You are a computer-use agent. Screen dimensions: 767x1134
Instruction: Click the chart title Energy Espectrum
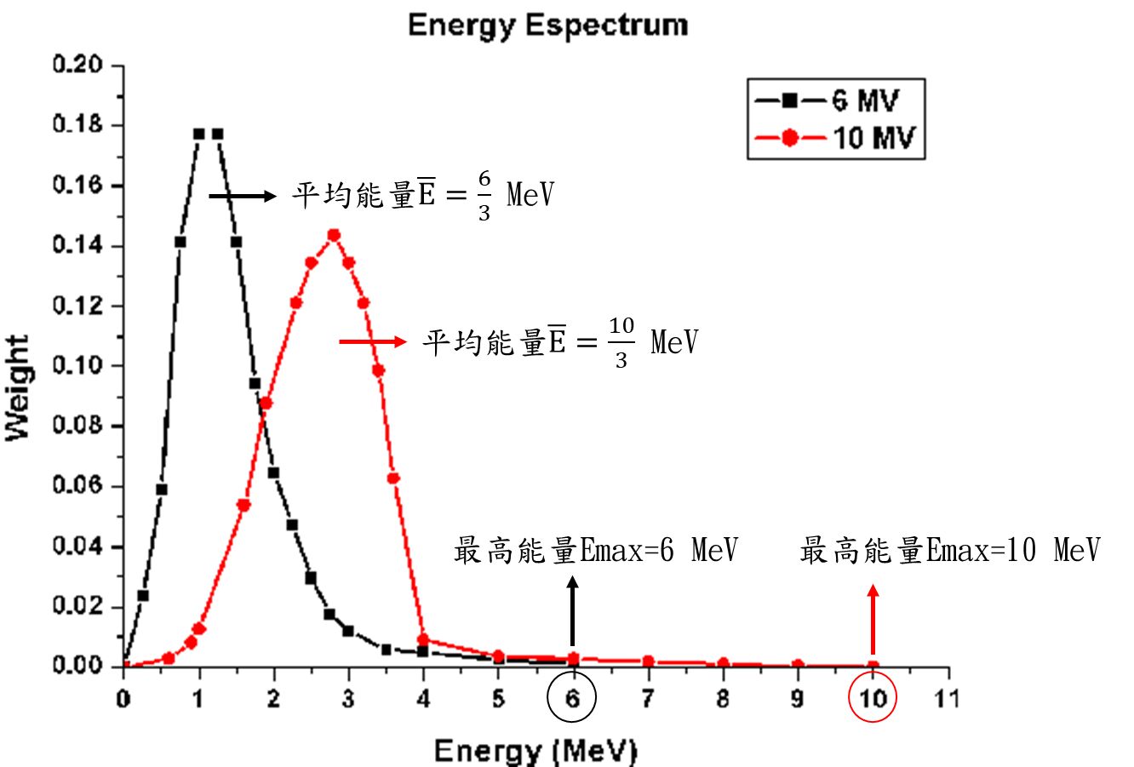pyautogui.click(x=547, y=25)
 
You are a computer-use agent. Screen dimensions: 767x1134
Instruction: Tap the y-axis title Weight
pyautogui.click(x=18, y=388)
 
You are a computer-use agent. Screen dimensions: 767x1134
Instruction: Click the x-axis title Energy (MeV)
pyautogui.click(x=535, y=751)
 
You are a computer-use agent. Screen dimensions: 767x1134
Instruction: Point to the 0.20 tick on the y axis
pyautogui.click(x=77, y=66)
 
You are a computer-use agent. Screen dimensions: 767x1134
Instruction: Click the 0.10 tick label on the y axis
pyautogui.click(x=77, y=366)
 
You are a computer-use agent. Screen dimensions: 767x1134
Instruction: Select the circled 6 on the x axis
pyautogui.click(x=573, y=698)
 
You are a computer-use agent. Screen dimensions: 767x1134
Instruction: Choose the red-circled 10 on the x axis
pyautogui.click(x=873, y=698)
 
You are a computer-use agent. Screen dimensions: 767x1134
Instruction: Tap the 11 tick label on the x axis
pyautogui.click(x=947, y=699)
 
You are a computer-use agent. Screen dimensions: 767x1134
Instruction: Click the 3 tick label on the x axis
pyautogui.click(x=348, y=699)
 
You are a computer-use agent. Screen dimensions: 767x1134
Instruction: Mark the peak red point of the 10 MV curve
pyautogui.click(x=334, y=235)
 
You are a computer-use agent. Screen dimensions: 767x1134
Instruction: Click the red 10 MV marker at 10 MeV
pyautogui.click(x=873, y=666)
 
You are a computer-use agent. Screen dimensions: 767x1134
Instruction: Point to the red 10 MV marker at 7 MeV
pyautogui.click(x=648, y=661)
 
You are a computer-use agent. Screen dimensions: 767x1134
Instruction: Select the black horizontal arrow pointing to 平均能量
pyautogui.click(x=243, y=197)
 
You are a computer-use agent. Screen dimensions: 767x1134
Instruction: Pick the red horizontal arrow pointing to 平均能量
pyautogui.click(x=373, y=342)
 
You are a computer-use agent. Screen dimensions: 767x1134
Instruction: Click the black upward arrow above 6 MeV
pyautogui.click(x=572, y=610)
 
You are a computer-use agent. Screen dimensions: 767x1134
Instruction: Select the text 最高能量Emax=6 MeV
pyautogui.click(x=596, y=551)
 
